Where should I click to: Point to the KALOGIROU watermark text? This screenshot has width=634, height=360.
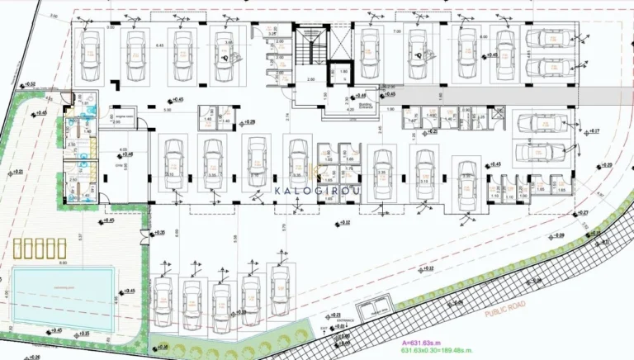[317, 190]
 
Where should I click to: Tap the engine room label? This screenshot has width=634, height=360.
[125, 119]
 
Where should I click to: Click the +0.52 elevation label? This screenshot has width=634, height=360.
[30, 84]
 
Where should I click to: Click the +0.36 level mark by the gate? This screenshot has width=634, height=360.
[158, 234]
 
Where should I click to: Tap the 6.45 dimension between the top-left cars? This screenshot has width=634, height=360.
[161, 46]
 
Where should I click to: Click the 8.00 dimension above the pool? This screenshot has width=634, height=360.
[63, 263]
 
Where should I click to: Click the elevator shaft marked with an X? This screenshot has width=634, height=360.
[342, 73]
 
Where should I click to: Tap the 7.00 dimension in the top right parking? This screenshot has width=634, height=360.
[397, 31]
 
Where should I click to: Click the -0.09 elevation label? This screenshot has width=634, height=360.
[561, 235]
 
